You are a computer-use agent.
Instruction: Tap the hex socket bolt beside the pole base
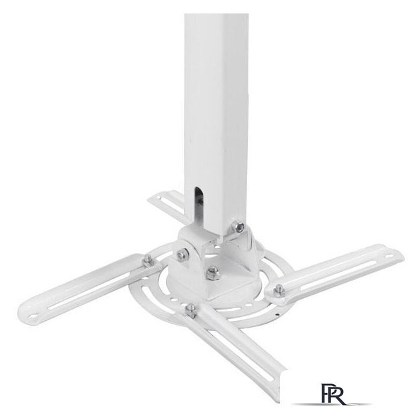click(x=238, y=226)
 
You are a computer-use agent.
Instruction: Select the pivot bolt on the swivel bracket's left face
click(x=183, y=253)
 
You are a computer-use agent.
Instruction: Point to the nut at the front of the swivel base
click(x=213, y=273)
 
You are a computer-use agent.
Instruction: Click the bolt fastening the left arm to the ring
click(x=148, y=261)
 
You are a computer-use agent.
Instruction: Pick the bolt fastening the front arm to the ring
click(x=191, y=310)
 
